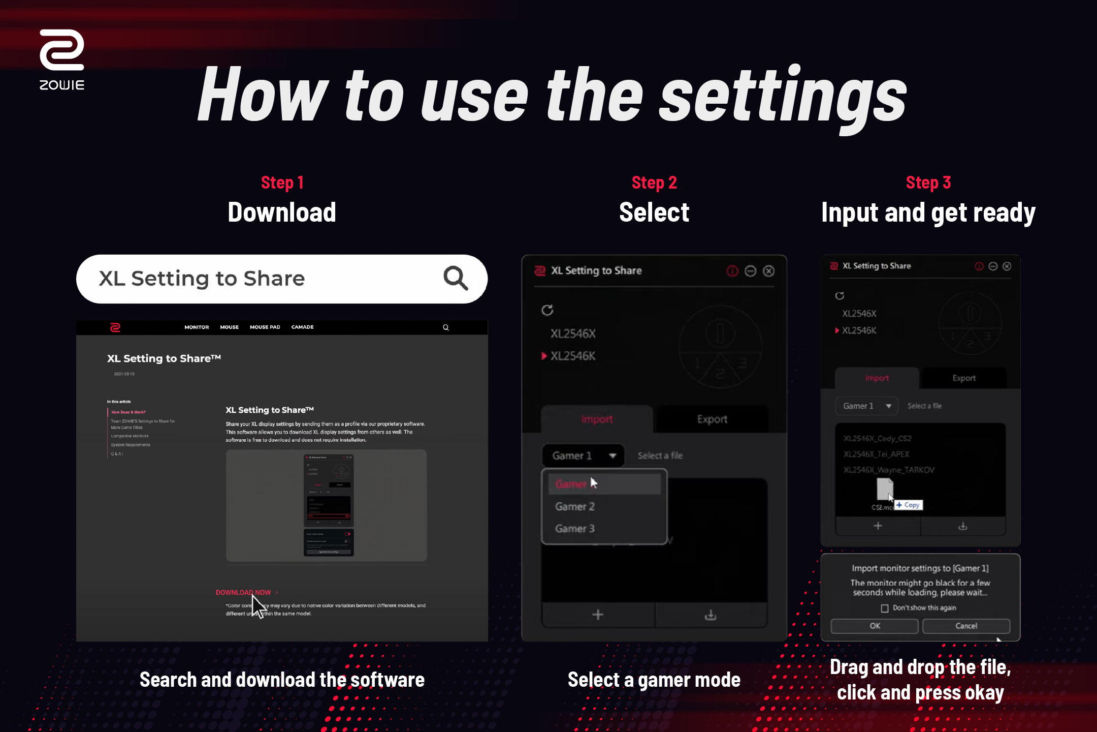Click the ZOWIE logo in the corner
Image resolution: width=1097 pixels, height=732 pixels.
coord(62,58)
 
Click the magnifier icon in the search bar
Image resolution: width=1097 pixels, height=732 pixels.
coord(455,278)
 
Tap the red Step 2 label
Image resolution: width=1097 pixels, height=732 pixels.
coord(654,182)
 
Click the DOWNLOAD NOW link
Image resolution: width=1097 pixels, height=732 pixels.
coord(244,592)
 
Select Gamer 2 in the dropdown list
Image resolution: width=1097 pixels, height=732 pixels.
coord(575,506)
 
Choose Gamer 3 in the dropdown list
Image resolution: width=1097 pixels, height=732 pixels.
coord(575,529)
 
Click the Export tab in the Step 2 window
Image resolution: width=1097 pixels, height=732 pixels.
coord(712,419)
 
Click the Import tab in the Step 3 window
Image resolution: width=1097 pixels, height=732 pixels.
coord(877,378)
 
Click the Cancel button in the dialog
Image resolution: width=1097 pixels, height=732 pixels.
coord(965,626)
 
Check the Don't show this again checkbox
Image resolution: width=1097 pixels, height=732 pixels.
coord(885,608)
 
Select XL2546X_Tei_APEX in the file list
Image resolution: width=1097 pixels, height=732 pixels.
coord(876,454)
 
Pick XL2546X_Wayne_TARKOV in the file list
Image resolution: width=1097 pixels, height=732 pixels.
coord(889,470)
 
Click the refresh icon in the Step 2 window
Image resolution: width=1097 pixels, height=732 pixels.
coord(547,310)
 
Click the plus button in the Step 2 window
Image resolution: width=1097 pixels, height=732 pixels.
coord(598,615)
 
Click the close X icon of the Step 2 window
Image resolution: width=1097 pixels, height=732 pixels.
coord(769,271)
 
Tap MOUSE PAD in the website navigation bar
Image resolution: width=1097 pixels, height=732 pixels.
coord(265,327)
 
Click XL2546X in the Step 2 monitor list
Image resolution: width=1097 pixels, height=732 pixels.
coord(573,333)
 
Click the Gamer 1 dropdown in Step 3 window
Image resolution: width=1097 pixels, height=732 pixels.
coord(866,406)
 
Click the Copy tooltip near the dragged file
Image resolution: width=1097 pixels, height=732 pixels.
coord(908,505)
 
